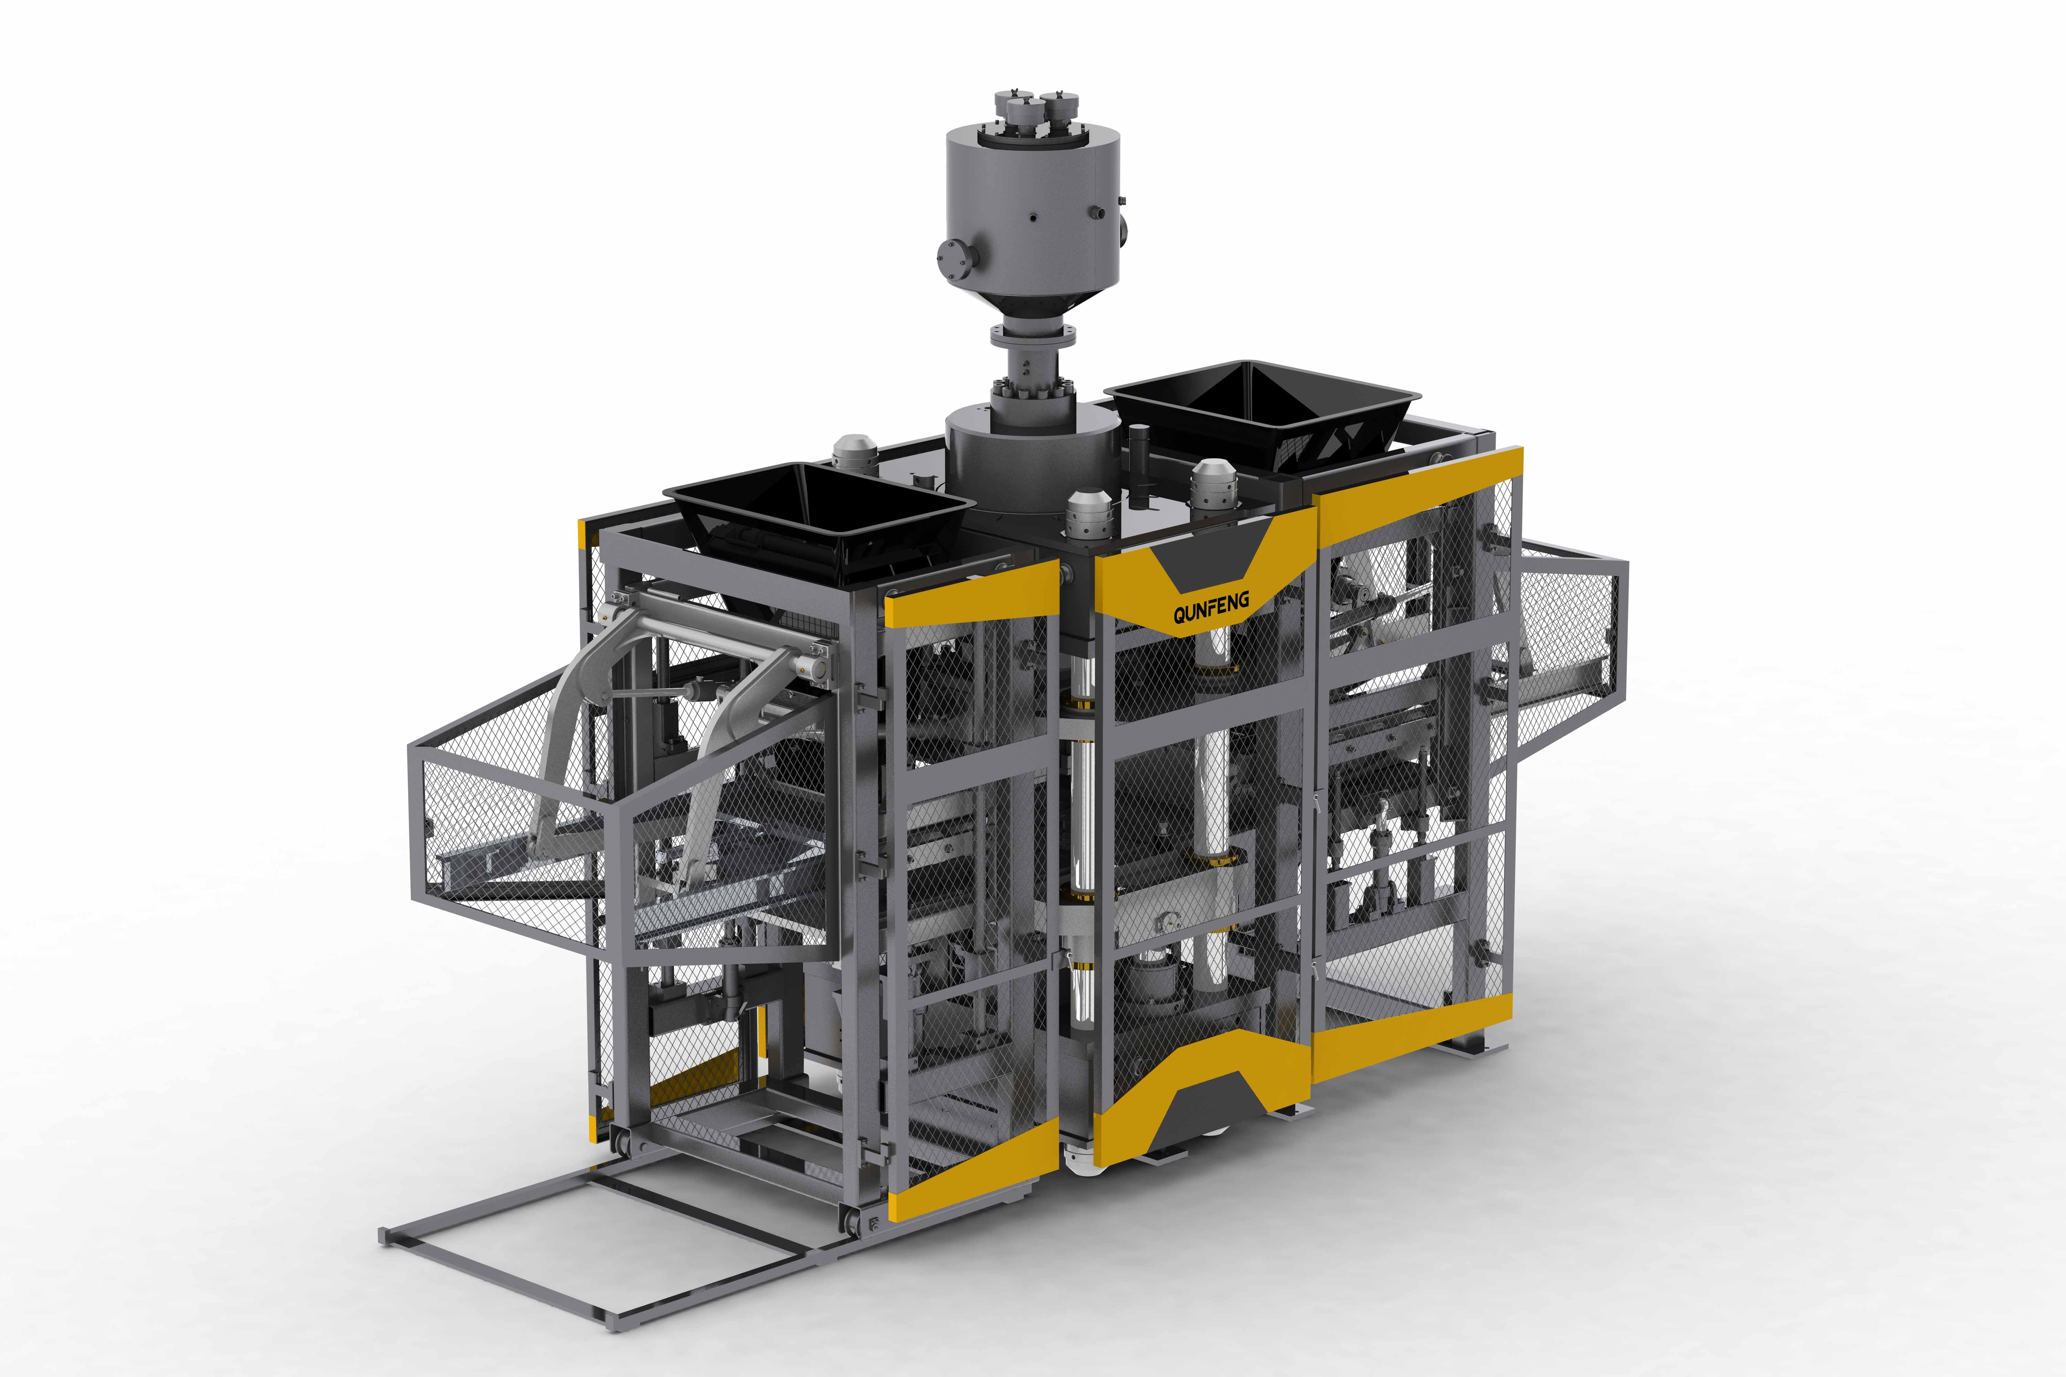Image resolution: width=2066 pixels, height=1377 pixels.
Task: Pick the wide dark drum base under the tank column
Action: click(x=1032, y=465)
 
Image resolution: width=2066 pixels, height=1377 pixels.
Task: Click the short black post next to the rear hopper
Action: click(x=1139, y=465)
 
